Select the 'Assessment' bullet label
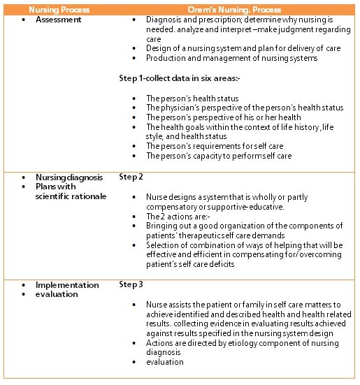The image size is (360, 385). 58,20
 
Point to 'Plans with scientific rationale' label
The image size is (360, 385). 71,191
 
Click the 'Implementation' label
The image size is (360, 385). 67,285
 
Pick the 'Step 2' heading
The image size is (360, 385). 131,177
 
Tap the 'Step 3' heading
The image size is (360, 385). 131,285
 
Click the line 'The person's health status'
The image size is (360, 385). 192,99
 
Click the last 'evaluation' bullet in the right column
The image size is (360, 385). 165,362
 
